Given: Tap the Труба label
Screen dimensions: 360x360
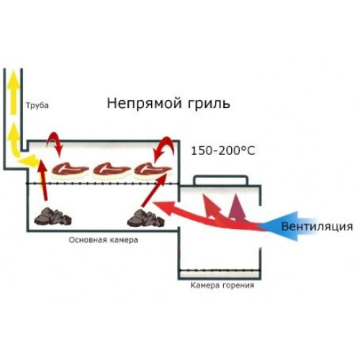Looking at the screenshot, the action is click(37, 106).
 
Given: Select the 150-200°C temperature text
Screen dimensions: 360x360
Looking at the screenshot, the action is click(223, 151).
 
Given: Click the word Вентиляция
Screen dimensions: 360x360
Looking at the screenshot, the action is click(317, 226).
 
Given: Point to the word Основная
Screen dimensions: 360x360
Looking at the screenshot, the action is click(87, 240).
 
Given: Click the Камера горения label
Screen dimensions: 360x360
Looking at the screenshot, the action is click(222, 285).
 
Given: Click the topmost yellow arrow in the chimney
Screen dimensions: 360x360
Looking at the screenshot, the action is click(14, 92).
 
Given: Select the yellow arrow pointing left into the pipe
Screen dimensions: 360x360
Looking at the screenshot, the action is click(27, 161).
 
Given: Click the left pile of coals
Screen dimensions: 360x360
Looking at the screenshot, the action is click(53, 216).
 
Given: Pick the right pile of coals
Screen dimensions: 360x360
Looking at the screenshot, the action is click(146, 218).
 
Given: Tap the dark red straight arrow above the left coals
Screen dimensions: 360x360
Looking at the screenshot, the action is click(42, 179).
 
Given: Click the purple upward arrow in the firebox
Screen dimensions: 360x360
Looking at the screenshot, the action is click(237, 207).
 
